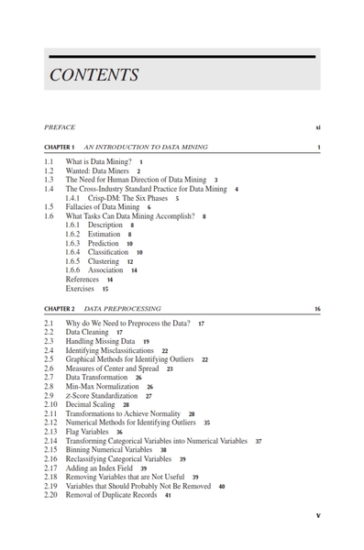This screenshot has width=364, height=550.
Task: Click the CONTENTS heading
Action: pos(94,75)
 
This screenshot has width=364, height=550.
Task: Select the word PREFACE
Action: pos(60,127)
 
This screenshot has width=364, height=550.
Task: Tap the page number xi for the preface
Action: pos(317,127)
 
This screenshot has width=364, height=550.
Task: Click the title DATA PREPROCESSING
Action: pos(122,310)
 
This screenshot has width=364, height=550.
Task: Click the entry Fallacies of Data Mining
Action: pos(102,207)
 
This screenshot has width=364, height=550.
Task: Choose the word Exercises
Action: pos(81,288)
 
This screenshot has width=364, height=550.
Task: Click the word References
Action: pos(83,279)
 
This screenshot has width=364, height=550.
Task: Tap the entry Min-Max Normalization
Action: pos(103,387)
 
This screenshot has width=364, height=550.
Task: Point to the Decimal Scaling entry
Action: pos(91,404)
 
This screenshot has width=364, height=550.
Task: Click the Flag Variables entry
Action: pos(88,432)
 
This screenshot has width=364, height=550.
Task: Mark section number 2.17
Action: pos(50,467)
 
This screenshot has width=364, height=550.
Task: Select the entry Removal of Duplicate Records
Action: pos(112,495)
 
